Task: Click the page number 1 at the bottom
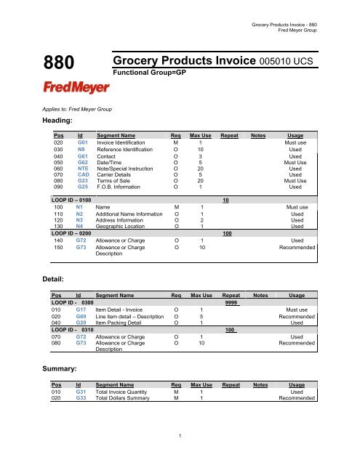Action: [180, 435]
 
